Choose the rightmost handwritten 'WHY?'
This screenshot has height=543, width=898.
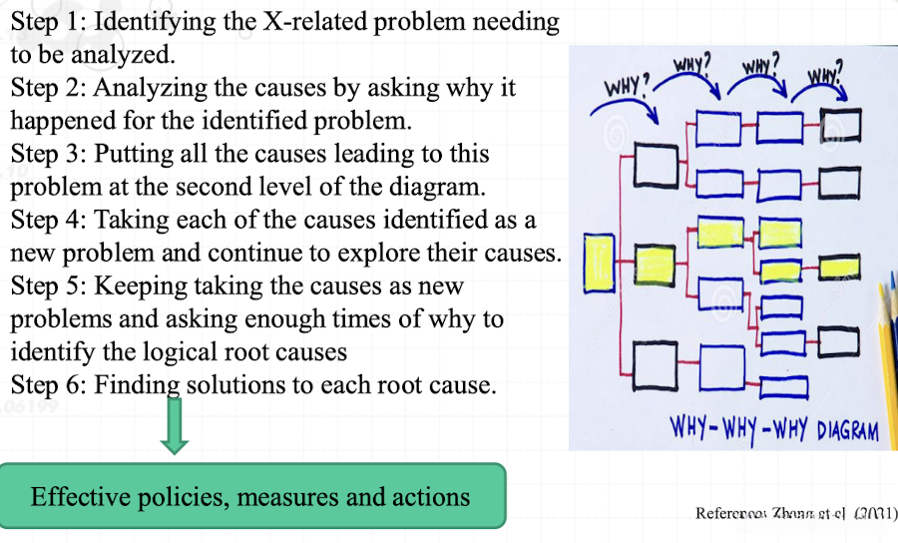[825, 73]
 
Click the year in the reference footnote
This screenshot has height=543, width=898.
[875, 513]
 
